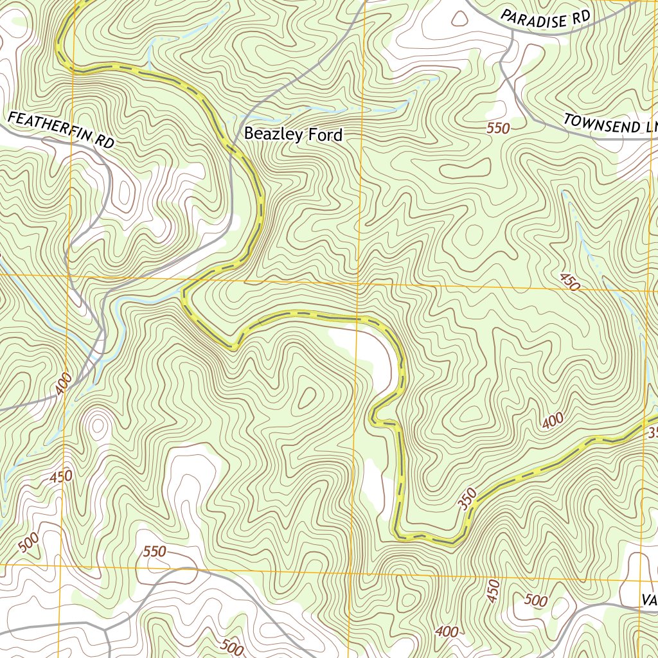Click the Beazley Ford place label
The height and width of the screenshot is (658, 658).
[x=293, y=135]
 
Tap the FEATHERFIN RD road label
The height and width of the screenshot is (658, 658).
[x=61, y=130]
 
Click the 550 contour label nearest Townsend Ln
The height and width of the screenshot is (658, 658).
[x=498, y=129]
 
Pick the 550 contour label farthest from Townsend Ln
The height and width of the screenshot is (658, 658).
[x=154, y=551]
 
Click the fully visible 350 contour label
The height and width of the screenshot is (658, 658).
[x=468, y=499]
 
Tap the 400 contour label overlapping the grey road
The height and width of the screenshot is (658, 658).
[x=64, y=384]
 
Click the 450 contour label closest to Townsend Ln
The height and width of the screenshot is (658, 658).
[x=569, y=281]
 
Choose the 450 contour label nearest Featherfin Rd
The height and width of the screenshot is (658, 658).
[x=61, y=477]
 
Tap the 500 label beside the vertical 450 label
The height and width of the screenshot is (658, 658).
[x=536, y=601]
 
